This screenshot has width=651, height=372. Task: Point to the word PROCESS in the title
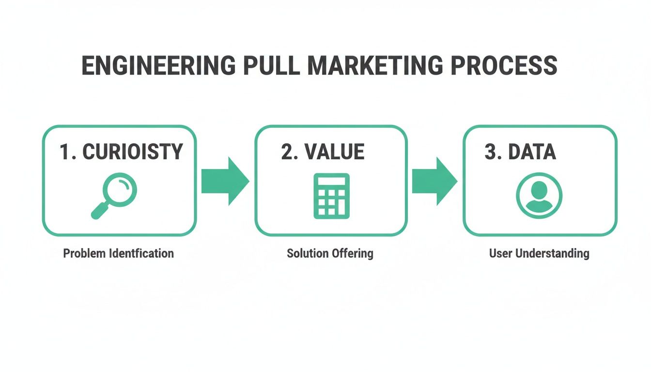tap(504, 66)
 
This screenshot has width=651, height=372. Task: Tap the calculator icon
tap(331, 196)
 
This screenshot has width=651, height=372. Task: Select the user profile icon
tap(539, 196)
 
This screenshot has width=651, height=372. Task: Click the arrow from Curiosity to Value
tap(224, 181)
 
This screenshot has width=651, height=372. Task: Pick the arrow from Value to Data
tap(434, 181)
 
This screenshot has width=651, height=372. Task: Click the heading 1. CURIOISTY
tap(121, 152)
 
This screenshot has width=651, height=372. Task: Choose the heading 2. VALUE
tap(323, 152)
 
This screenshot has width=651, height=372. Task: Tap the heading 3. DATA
tap(520, 152)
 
